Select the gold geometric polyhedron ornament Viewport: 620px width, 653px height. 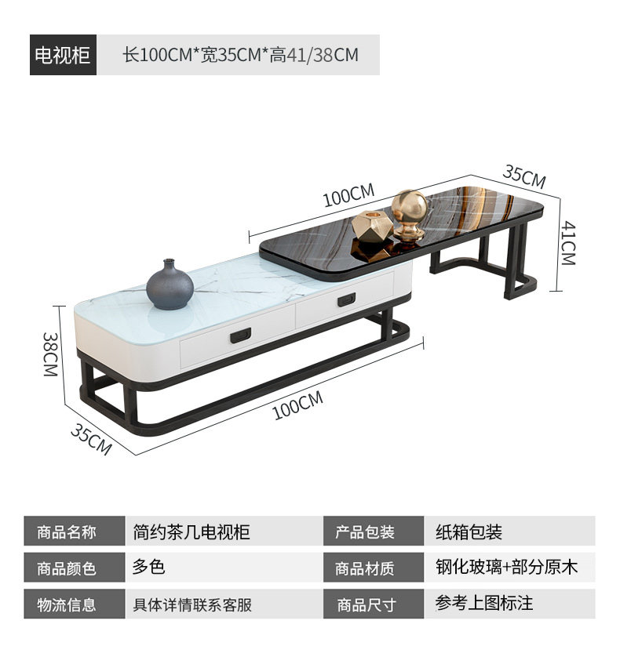372,227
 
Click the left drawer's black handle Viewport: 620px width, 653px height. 240,336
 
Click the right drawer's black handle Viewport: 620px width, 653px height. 346,299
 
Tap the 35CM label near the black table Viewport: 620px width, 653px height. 524,176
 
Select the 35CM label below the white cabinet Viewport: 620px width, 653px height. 91,439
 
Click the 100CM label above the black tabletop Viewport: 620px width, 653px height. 348,195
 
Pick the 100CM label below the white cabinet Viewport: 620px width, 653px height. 297,405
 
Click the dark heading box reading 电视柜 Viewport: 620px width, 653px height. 63,55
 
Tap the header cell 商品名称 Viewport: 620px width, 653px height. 67,532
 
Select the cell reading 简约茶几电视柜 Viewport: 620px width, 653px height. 191,532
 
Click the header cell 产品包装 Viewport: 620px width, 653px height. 365,532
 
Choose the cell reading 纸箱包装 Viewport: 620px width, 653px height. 469,532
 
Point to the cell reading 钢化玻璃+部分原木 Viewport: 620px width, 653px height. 506,568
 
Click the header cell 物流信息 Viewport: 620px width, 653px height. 67,604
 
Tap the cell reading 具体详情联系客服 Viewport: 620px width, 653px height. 193,604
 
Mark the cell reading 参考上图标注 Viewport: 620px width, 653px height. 484,603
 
